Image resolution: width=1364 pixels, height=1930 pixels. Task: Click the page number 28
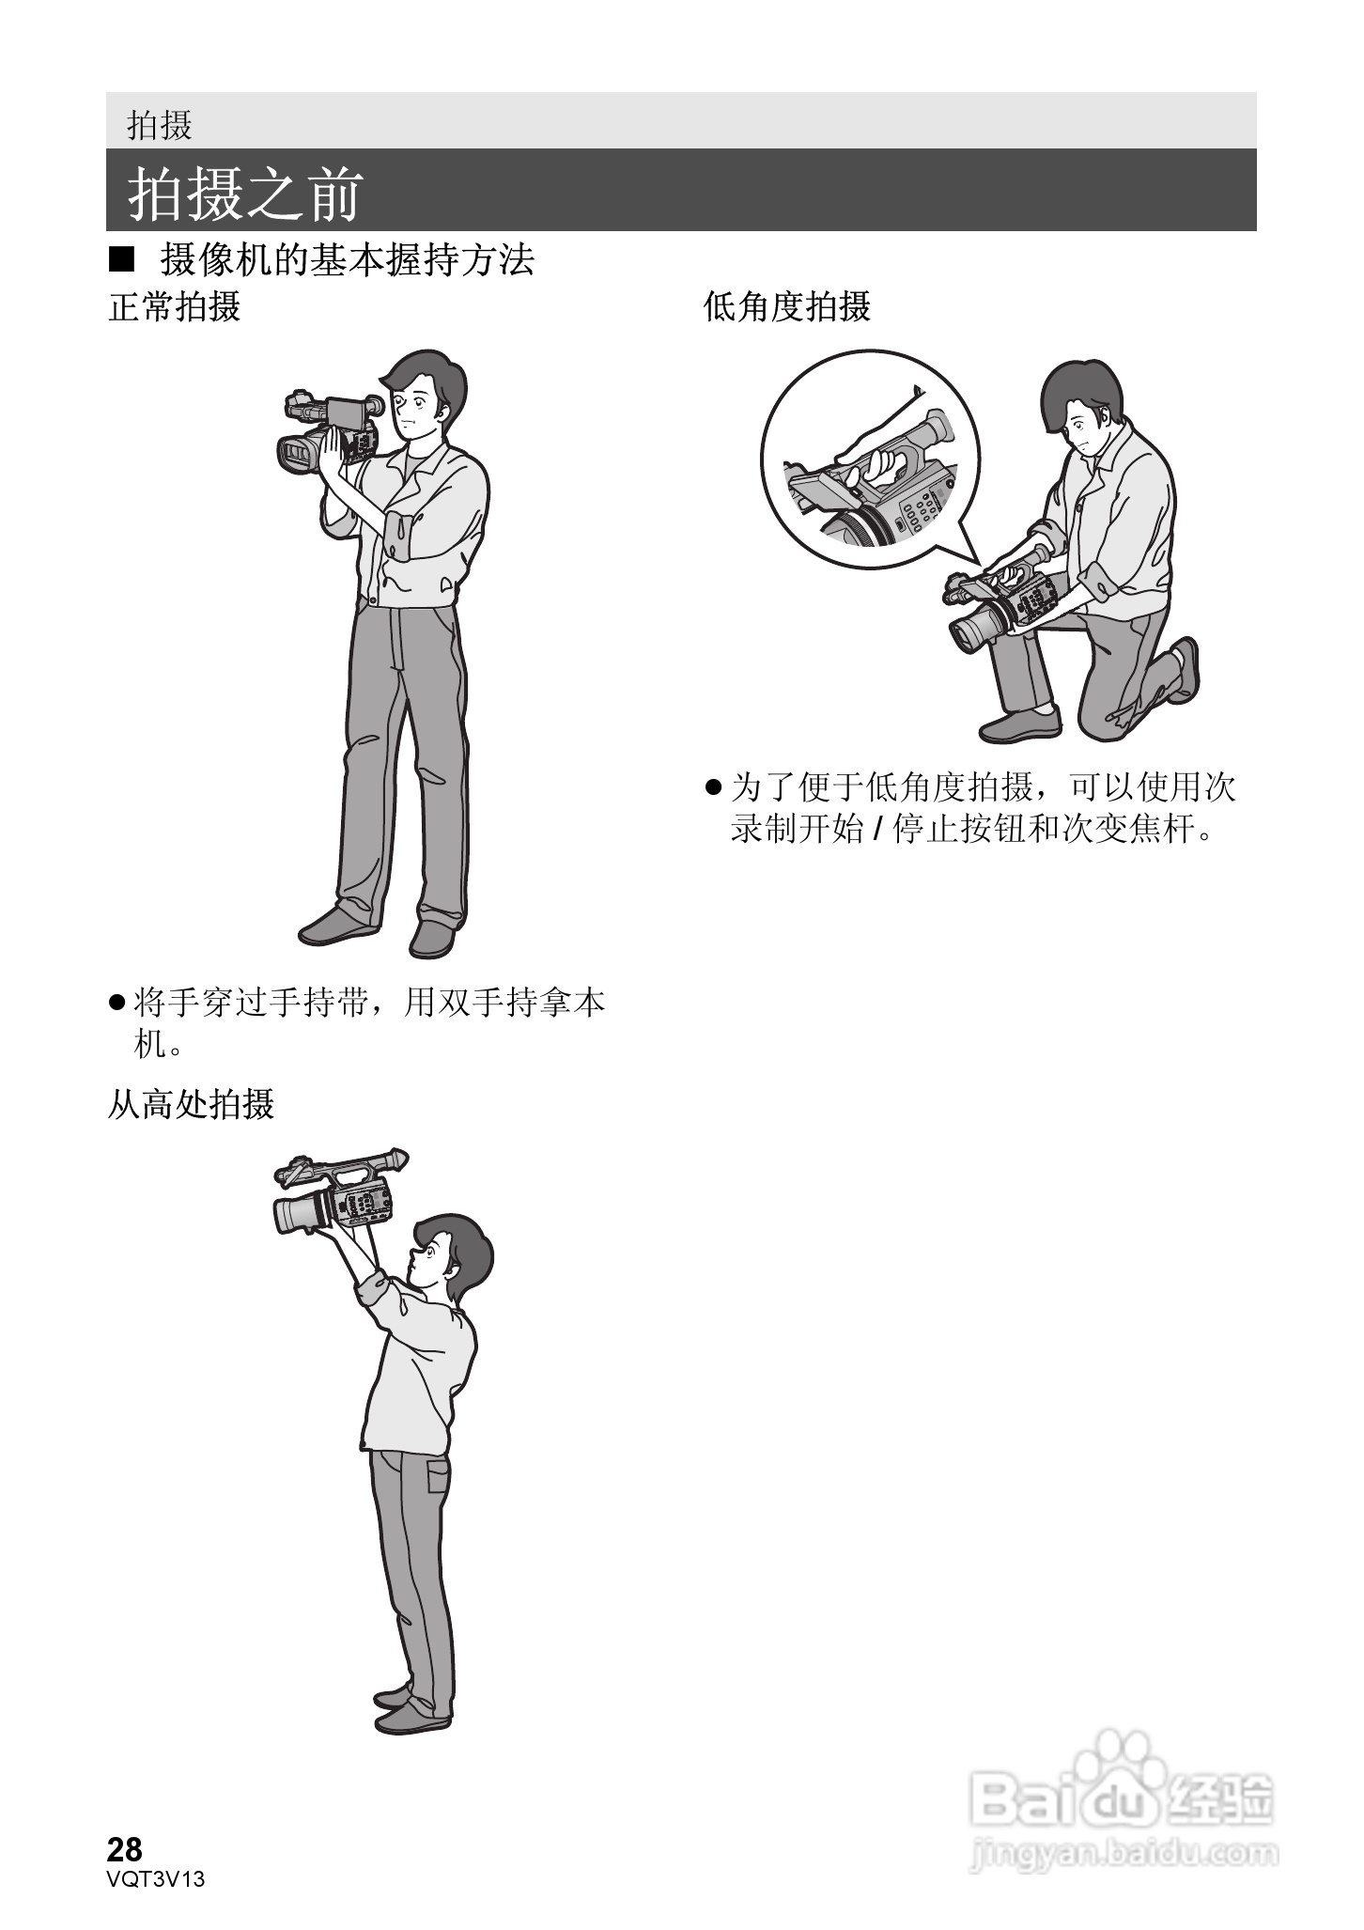125,1849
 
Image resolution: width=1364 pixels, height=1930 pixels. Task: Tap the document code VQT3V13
156,1878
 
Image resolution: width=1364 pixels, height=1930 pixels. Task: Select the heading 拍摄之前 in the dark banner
245,195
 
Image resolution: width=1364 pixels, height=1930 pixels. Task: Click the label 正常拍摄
175,306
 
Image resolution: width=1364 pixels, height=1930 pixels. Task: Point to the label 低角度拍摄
787,306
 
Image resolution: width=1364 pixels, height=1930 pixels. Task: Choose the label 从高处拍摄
191,1103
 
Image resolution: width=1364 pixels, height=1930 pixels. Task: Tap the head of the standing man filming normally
424,395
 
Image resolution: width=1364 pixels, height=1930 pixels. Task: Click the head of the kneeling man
1081,409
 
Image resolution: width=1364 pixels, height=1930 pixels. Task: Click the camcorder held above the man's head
340,1190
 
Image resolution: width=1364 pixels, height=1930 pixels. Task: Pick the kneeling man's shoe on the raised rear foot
1184,670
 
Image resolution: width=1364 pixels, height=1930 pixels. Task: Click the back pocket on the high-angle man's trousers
438,1474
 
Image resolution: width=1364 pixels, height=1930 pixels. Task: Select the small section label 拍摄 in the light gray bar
160,124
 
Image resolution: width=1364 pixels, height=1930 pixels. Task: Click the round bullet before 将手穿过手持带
116,1004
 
